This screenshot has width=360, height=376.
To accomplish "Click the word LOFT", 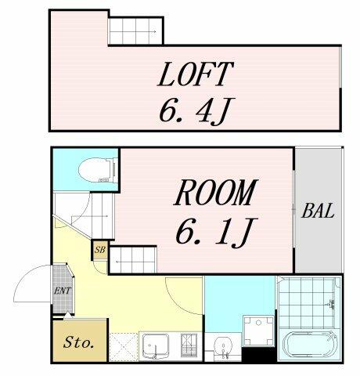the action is tap(195, 74).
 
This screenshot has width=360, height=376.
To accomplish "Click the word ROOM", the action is tap(214, 193).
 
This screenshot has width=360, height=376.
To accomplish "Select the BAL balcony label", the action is tap(318, 211).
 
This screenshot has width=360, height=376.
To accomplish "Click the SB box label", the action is tap(100, 250).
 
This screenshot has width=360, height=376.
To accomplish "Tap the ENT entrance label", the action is tap(62, 291).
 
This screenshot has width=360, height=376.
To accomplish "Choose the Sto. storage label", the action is tap(78, 342).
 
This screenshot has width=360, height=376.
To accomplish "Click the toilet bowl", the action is tap(98, 170).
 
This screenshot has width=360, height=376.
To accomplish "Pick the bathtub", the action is tap(310, 345).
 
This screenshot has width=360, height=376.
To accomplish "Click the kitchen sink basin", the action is tap(156, 346).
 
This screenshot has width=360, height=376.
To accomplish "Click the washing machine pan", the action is tap(258, 331).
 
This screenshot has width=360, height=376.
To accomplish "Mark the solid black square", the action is tap(258, 354).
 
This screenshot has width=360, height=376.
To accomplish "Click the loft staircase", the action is tap(135, 31).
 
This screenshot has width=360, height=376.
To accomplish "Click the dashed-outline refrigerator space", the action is tap(123, 347).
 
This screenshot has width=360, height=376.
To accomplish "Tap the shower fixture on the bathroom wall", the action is tap(331, 305).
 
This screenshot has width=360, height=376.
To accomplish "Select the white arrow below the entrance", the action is tap(68, 315).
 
